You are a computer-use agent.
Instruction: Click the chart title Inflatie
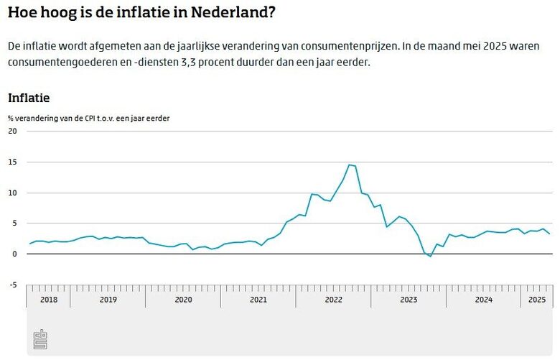coord(29,98)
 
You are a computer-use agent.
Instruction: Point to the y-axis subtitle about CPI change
coord(89,117)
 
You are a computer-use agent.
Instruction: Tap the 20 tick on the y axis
coord(12,131)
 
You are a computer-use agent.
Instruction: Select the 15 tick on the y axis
coord(12,162)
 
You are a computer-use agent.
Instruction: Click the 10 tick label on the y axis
coord(12,193)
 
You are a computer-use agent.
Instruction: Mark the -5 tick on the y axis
coord(13,285)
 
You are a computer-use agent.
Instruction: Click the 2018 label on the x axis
coord(49,300)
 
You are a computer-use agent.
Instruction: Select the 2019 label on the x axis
coord(108,300)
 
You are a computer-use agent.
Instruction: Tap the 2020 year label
coord(183,300)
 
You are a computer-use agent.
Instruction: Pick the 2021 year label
coord(258,300)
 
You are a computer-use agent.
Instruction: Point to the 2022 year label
coord(334,300)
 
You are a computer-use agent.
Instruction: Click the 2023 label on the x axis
coord(409,300)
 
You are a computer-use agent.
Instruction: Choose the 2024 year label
coord(484,300)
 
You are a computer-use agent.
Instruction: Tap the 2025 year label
coord(536,300)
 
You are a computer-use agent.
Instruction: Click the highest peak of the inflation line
coord(349,165)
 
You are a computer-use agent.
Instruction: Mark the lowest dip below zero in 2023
coord(430,257)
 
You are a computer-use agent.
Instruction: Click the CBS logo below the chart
coord(41,340)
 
